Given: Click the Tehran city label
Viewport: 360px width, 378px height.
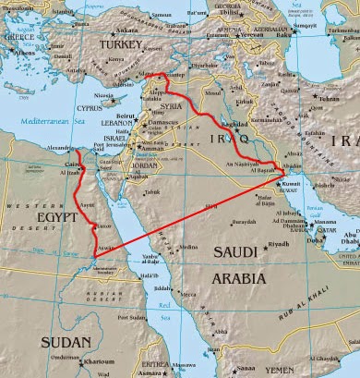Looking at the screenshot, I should coord(329,98).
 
